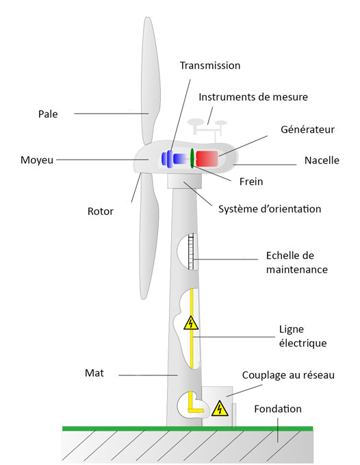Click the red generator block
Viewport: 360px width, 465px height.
point(207,158)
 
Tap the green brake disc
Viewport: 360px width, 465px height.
point(192,158)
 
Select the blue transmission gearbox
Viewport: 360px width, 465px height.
point(174,159)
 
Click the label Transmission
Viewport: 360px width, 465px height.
point(210,66)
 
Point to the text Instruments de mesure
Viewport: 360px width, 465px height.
point(253,97)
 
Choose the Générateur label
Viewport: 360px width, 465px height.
point(307,129)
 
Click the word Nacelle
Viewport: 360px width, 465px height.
point(322,160)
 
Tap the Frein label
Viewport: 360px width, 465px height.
point(251,181)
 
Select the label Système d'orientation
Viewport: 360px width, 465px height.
point(270,209)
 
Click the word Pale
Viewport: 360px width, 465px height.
point(48,114)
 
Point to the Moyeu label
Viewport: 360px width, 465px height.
point(37,160)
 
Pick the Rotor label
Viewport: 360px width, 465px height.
point(101,212)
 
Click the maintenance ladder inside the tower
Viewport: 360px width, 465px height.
point(191,251)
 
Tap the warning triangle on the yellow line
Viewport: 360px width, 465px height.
point(191,323)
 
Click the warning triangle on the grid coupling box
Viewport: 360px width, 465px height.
point(220,409)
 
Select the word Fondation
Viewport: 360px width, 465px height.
point(278,409)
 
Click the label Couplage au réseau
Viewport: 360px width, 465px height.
point(288,375)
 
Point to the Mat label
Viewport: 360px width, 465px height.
point(94,373)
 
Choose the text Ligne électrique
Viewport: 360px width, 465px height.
point(303,336)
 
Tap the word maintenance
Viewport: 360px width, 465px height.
point(297,270)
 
